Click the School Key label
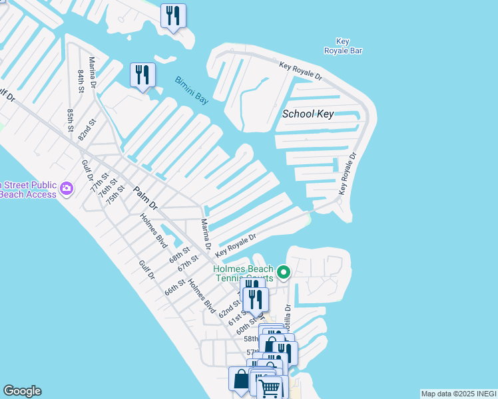pyautogui.click(x=308, y=114)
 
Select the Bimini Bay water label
pyautogui.click(x=192, y=90)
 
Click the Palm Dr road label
pyautogui.click(x=144, y=198)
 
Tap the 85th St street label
pyautogui.click(x=70, y=120)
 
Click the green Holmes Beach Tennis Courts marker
pyautogui.click(x=284, y=272)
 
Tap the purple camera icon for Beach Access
pyautogui.click(x=66, y=189)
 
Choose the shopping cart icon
pyautogui.click(x=270, y=388)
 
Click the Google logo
pyautogui.click(x=22, y=391)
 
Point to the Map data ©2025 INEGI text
pyautogui.click(x=458, y=394)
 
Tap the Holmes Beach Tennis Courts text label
pyautogui.click(x=243, y=273)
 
